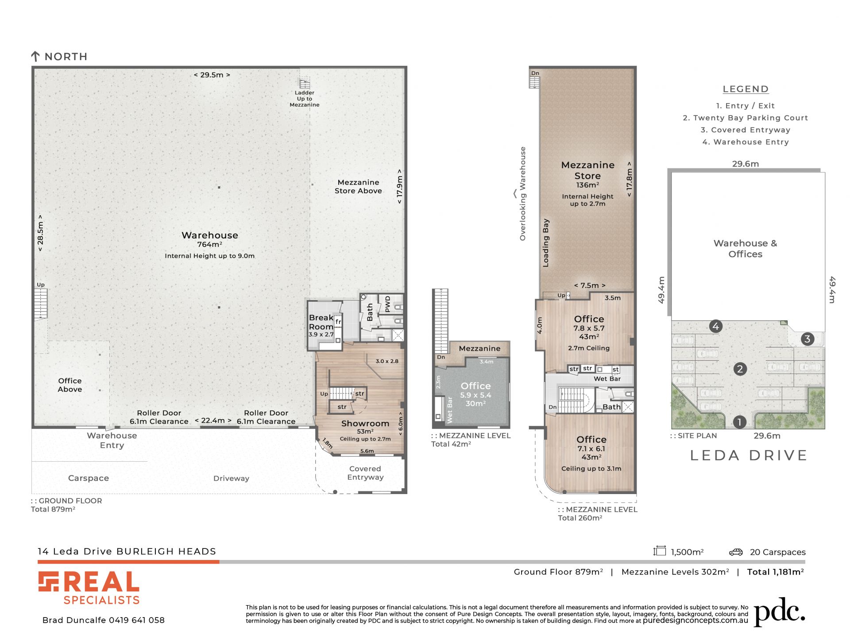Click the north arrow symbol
tap(35, 56)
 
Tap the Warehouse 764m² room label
tap(210, 239)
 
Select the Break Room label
tap(321, 322)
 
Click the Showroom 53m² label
tap(365, 427)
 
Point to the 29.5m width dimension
tap(212, 75)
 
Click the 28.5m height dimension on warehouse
tap(40, 233)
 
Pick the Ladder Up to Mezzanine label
tap(305, 99)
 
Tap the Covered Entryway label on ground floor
tap(365, 473)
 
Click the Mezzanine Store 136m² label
tap(587, 175)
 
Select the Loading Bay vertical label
tap(546, 243)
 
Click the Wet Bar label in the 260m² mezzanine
tap(607, 379)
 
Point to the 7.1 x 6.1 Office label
tap(591, 448)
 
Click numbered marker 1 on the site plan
tap(739, 422)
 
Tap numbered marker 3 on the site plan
tap(807, 339)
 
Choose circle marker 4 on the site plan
tap(716, 327)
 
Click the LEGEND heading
tap(746, 89)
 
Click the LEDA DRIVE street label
tap(749, 456)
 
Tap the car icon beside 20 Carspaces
tap(736, 552)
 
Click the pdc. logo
tap(779, 612)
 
